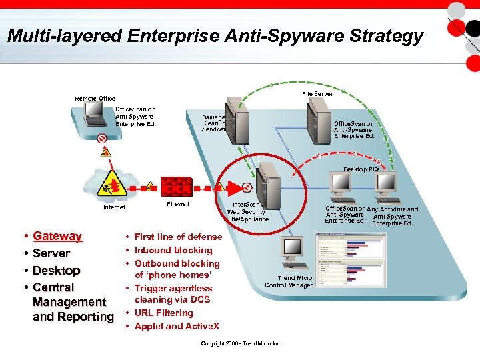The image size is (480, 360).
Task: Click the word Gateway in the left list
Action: [57, 236]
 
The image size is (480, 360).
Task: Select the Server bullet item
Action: [51, 253]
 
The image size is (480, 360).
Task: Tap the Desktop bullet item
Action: [56, 271]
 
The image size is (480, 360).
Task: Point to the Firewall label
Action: [177, 203]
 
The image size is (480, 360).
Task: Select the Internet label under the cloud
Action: [114, 207]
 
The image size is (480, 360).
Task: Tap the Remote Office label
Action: [95, 98]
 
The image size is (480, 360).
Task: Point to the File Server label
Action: [317, 94]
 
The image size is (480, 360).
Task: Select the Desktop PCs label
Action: [361, 169]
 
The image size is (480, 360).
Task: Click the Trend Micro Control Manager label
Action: [289, 281]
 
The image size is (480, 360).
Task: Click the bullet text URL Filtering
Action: [163, 313]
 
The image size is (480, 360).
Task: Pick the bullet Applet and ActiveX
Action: [177, 326]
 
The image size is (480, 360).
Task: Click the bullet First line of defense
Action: [178, 237]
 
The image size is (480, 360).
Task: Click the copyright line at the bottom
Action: [241, 343]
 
